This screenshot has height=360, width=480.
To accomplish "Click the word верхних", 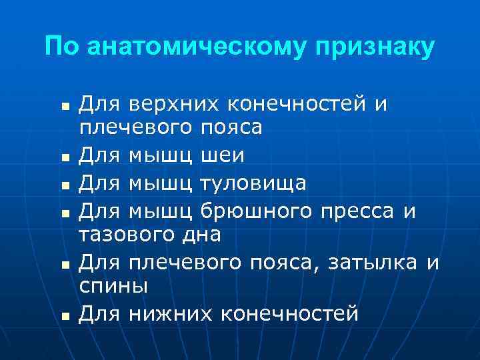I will pyautogui.click(x=175, y=104).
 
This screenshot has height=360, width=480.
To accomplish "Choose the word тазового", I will pyautogui.click(x=127, y=235).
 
